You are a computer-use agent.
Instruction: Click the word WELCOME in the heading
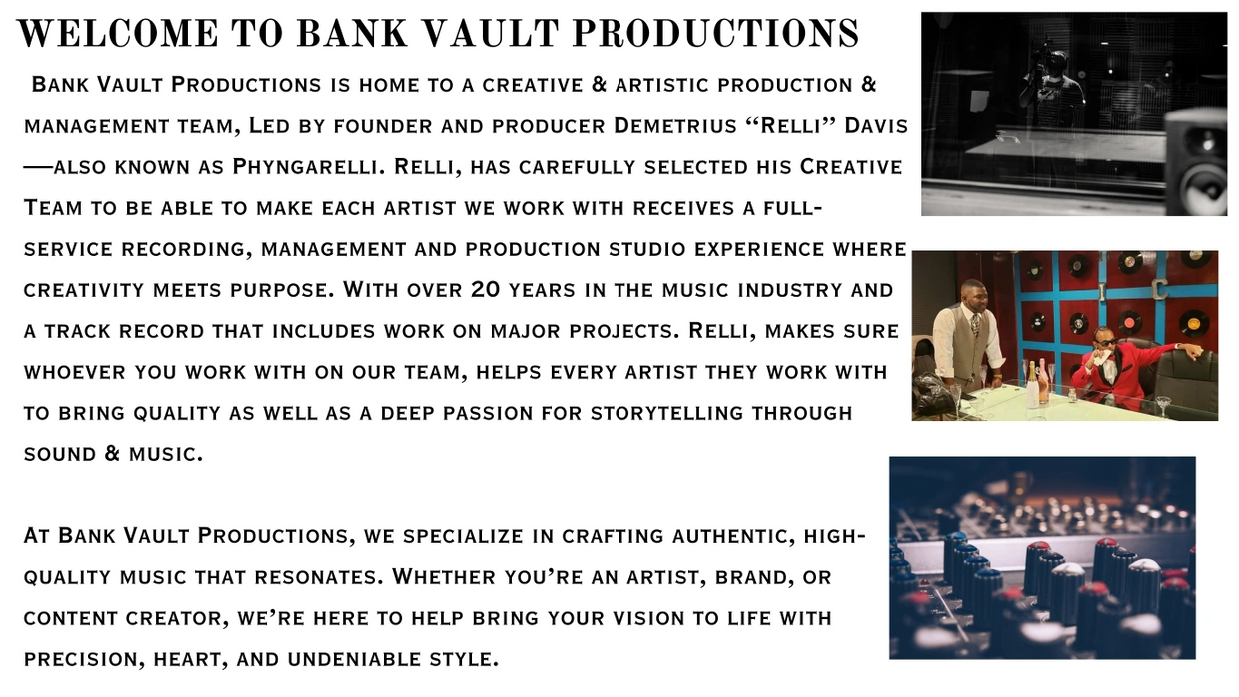click(x=118, y=33)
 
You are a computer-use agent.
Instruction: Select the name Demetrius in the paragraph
click(x=675, y=126)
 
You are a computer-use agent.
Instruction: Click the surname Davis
click(x=876, y=126)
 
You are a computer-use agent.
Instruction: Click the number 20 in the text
click(x=485, y=290)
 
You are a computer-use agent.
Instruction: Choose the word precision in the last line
click(x=84, y=659)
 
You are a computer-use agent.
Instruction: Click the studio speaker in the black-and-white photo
click(x=1197, y=161)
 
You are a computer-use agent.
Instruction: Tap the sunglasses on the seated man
click(x=1102, y=342)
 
